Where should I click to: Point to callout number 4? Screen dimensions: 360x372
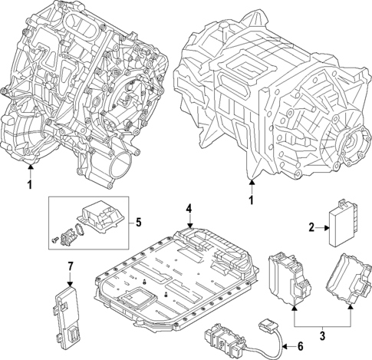187,208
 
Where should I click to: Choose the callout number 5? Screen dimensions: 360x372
139,223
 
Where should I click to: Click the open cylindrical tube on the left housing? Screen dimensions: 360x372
123,166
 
